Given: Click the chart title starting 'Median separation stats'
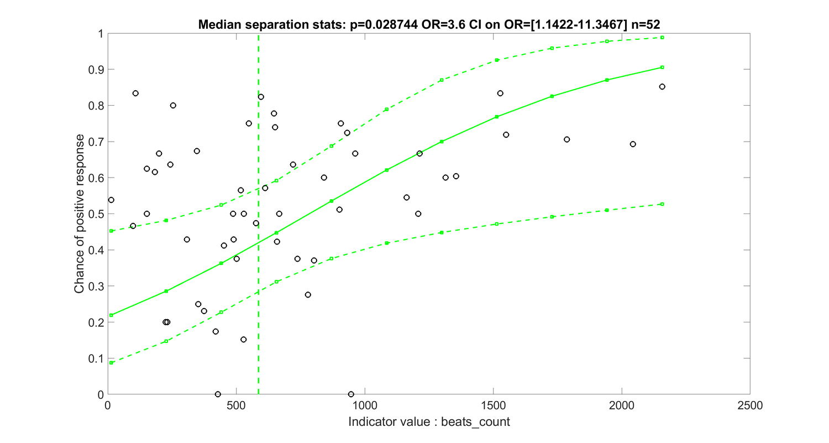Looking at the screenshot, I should point(428,25).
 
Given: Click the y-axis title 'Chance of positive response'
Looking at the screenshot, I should point(80,214).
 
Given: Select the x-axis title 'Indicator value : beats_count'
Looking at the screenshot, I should point(428,422).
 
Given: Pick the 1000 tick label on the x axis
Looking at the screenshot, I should point(365,406).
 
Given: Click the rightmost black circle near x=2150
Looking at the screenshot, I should point(662,86).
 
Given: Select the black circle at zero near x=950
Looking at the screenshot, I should point(351,394).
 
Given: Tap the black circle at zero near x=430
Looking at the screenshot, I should point(218,394).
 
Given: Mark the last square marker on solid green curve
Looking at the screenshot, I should point(662,67).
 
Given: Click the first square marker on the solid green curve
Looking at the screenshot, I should point(111,315).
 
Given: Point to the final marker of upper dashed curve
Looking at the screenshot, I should point(662,38).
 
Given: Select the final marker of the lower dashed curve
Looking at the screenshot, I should point(662,204).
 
